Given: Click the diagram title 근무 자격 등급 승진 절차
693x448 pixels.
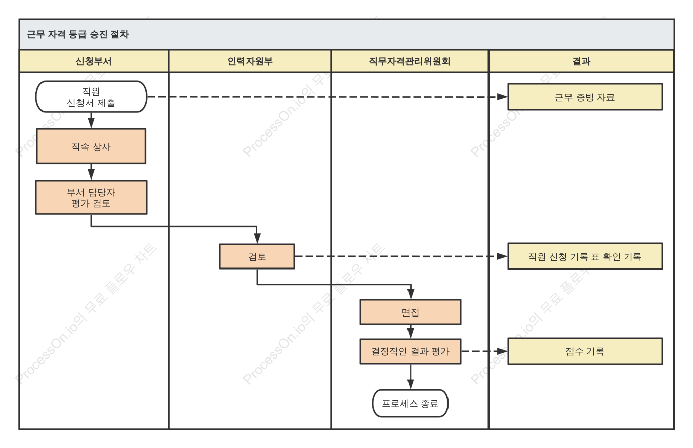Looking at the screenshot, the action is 77,34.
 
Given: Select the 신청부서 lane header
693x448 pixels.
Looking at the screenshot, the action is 94,61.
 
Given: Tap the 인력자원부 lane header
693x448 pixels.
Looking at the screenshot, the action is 250,61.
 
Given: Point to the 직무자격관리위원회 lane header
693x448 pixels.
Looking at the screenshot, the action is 410,61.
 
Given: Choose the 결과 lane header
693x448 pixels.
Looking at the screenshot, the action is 581,61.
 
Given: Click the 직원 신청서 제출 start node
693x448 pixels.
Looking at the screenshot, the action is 91,97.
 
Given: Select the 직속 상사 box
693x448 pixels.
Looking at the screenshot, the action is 91,146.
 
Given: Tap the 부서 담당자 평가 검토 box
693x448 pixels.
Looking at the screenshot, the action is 91,197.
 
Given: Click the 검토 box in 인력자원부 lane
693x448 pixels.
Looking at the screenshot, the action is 257,256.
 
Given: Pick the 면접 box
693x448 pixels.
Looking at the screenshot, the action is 411,312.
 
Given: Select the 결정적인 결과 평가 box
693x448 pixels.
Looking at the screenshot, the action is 411,351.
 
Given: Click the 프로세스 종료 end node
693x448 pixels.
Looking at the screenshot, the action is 410,403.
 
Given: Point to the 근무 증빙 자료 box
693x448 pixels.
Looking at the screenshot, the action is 585,97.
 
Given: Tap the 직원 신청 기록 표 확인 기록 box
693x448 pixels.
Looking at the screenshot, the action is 585,256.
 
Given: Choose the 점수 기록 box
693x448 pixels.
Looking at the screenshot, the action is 585,351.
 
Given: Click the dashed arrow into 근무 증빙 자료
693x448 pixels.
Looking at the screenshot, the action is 328,97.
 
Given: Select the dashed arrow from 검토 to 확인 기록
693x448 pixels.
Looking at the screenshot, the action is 401,256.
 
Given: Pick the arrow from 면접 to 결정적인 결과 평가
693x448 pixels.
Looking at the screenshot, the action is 411,332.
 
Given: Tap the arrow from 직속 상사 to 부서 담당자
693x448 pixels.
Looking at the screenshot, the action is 91,172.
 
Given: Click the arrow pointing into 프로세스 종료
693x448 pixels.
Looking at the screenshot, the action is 411,377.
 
